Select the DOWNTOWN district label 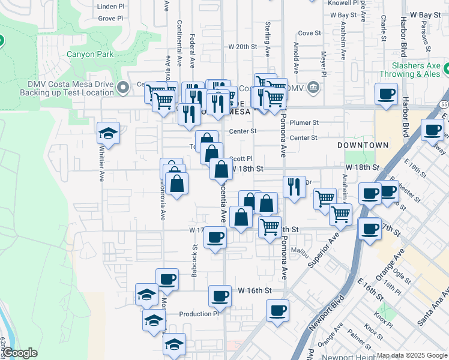pos(363,145)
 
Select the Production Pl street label pos(199,314)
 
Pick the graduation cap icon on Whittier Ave pos(109,133)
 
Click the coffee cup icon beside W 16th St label pos(220,296)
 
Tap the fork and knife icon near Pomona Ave pos(294,187)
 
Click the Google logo pos(20,353)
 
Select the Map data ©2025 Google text pos(411,355)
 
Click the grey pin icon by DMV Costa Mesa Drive pos(123,88)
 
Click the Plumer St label pos(307,122)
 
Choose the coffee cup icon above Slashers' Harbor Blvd pos(386,94)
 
